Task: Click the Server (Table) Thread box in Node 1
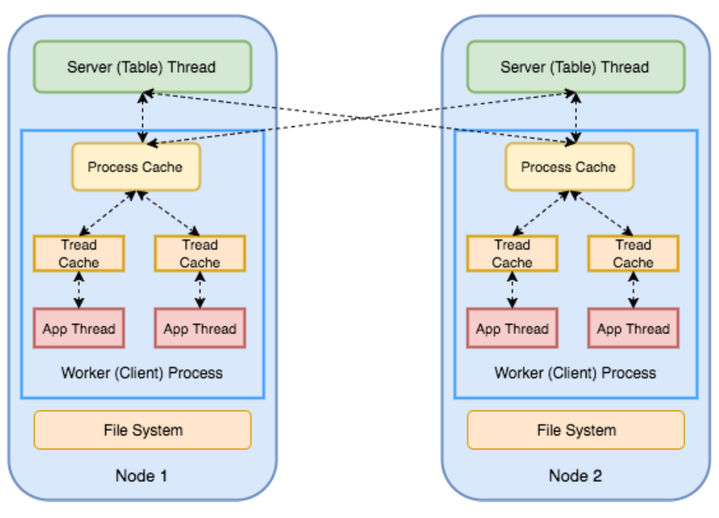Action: [142, 67]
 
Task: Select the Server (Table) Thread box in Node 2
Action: [575, 67]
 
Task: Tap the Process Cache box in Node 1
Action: [135, 166]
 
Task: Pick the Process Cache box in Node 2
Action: [569, 166]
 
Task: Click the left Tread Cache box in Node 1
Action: [79, 253]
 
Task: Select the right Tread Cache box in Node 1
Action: [200, 253]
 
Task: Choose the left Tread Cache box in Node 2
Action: [512, 253]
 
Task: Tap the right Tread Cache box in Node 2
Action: [633, 253]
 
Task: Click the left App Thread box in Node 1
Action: [79, 329]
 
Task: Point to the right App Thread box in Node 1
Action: [200, 329]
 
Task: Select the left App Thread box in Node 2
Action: [512, 329]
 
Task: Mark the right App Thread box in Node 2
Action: [633, 329]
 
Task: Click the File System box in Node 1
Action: [143, 430]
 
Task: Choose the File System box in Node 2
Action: [576, 430]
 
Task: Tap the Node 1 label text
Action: [141, 475]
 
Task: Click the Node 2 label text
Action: [575, 475]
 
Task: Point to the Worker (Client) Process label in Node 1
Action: [142, 372]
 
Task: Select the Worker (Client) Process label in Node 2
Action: [575, 372]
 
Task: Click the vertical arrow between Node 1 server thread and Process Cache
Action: [143, 117]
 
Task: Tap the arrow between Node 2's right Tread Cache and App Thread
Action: [633, 290]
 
